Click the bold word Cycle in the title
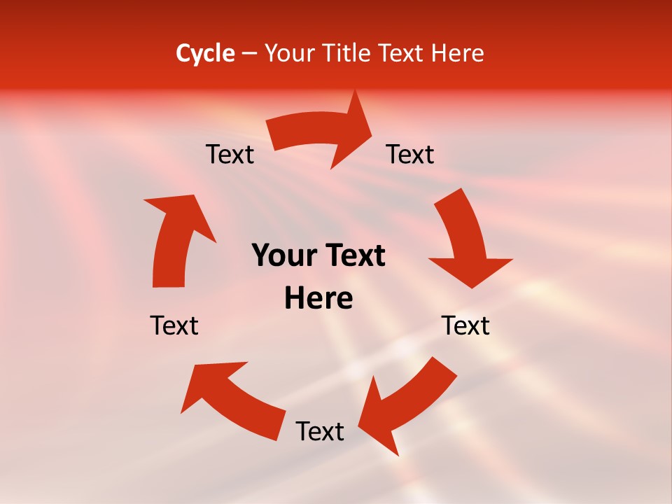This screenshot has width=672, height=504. click(205, 53)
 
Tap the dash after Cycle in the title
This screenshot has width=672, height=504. click(250, 54)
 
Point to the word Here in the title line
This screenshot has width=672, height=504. click(458, 53)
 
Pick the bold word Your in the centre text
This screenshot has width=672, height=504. click(279, 255)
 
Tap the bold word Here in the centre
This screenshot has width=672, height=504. click(318, 298)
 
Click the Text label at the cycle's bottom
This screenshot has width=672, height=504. click(320, 431)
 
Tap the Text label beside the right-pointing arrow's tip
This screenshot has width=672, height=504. click(410, 154)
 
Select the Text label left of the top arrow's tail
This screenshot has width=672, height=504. click(230, 154)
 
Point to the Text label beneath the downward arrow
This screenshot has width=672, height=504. click(465, 325)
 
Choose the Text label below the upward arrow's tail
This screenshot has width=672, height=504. click(174, 325)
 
